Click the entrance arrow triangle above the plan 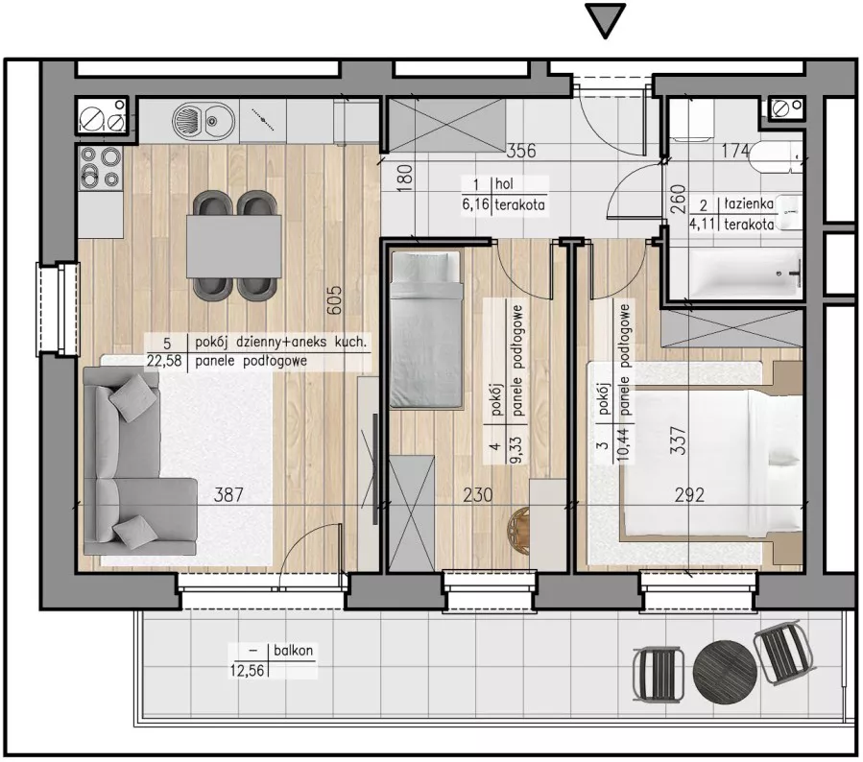tap(606, 19)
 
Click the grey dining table tap(234, 247)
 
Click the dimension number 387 tap(228, 494)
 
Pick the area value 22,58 tap(164, 362)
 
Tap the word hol tap(504, 183)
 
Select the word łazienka tap(749, 204)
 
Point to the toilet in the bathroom tap(776, 155)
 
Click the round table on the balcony tap(725, 671)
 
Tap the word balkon tap(294, 651)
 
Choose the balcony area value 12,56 tap(247, 670)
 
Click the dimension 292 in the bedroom tap(689, 495)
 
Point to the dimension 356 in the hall tap(520, 151)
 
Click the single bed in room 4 tap(425, 329)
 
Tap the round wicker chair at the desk tap(518, 531)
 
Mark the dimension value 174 tap(736, 151)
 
